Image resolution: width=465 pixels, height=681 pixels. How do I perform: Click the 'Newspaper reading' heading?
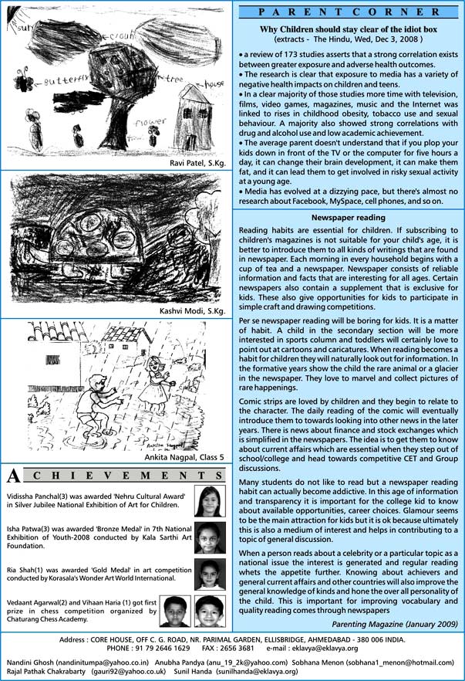349,219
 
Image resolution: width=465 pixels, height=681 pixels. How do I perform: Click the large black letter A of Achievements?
13,475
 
